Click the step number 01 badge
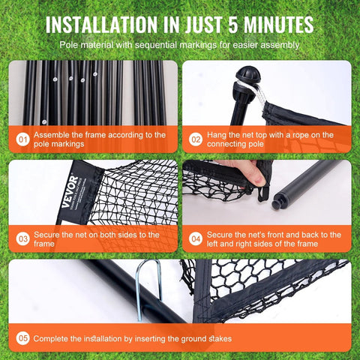click(22, 139)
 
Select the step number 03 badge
click(22, 238)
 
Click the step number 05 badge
click(22, 339)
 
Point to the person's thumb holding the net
click(254, 175)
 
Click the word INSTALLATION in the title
click(112, 24)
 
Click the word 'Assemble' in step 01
click(55, 134)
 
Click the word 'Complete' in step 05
click(53, 339)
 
